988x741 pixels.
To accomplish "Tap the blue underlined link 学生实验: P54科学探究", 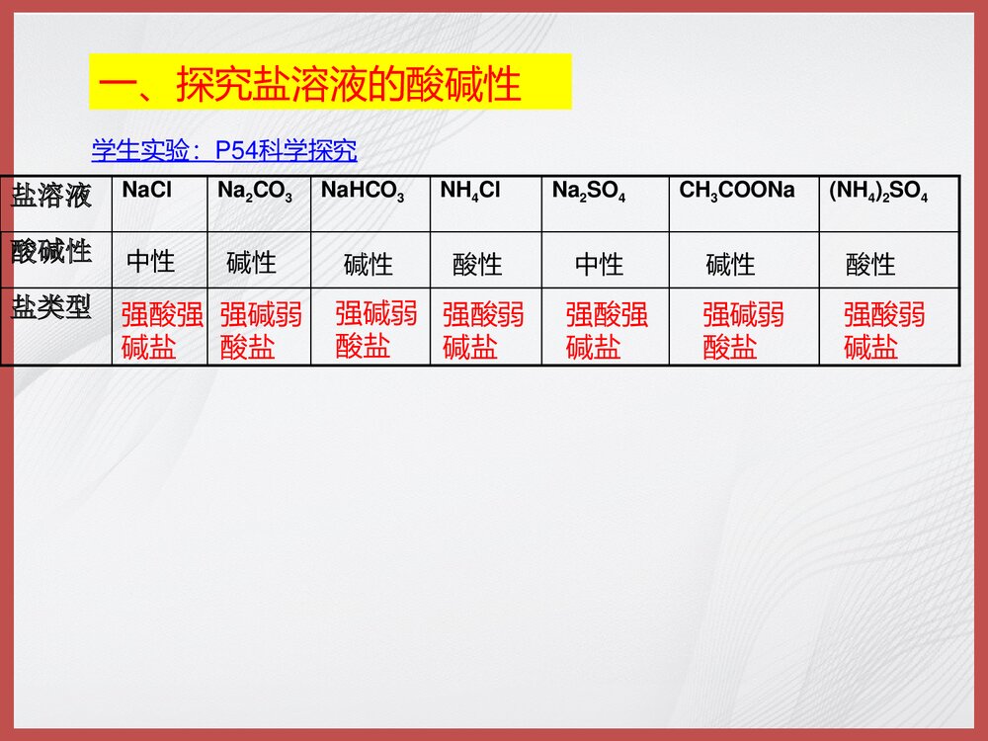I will tap(224, 150).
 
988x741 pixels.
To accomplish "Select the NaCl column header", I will tap(146, 191).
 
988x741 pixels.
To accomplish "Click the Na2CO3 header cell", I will tap(254, 192).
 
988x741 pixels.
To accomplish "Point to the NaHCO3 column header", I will tap(363, 192).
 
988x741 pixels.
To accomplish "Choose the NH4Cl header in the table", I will tap(470, 192).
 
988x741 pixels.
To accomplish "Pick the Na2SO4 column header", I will tap(588, 192).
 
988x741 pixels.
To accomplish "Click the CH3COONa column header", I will tap(737, 191).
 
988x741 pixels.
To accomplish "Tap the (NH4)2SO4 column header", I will tap(878, 192).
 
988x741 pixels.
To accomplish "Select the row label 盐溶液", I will tap(51, 195).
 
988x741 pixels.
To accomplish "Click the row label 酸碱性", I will tap(51, 251).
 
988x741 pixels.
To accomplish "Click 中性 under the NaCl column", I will tap(151, 262).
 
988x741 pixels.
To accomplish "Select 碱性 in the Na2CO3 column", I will tap(251, 263).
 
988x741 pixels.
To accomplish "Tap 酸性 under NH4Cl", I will tap(477, 265).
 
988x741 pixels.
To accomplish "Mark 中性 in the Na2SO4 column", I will tap(600, 265).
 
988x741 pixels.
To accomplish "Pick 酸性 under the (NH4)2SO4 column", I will tap(870, 265).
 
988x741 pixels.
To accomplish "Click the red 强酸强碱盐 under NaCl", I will tap(162, 331).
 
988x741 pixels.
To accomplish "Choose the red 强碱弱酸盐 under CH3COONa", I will tap(743, 331).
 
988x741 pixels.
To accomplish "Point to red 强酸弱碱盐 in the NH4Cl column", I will tap(483, 331).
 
